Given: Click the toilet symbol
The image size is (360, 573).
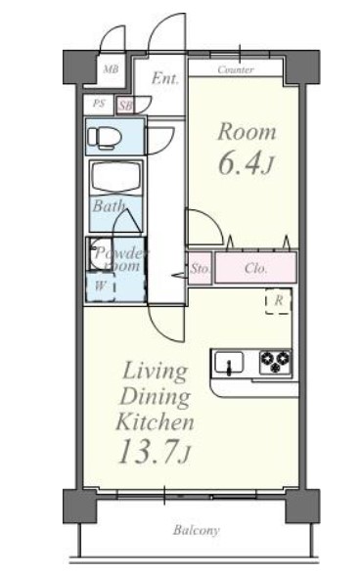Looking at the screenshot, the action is pos(104,138).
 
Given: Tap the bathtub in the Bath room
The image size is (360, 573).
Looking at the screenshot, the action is pos(115,177).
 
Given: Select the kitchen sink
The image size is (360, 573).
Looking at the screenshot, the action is pos(229,362).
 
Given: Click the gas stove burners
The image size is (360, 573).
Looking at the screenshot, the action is pos(276,362).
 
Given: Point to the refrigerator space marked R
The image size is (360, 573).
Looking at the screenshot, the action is pos(278,301).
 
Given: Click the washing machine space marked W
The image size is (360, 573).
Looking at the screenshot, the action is pos(100,286).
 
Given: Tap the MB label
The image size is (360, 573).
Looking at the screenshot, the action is pos(111,68).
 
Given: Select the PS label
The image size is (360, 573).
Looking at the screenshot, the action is pos(98,104).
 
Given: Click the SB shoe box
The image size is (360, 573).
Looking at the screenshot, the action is pos(125,106).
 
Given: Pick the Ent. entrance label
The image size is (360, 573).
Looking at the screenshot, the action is pos(165,78).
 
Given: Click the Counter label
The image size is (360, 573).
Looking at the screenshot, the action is pos(236,69).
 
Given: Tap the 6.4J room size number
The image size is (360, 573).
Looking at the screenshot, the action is pos(246,163).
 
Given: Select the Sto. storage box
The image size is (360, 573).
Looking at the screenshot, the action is pos(200,268).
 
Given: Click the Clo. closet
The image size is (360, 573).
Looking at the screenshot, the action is pos(255,268).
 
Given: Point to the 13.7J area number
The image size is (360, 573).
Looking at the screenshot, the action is pos(155,451).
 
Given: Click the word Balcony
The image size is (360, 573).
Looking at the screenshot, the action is pos(197,530).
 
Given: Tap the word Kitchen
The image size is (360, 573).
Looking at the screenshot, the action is pos(155,421).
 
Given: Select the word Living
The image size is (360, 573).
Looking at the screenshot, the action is pos(156,372).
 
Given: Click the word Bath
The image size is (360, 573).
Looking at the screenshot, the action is pos(109,205).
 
